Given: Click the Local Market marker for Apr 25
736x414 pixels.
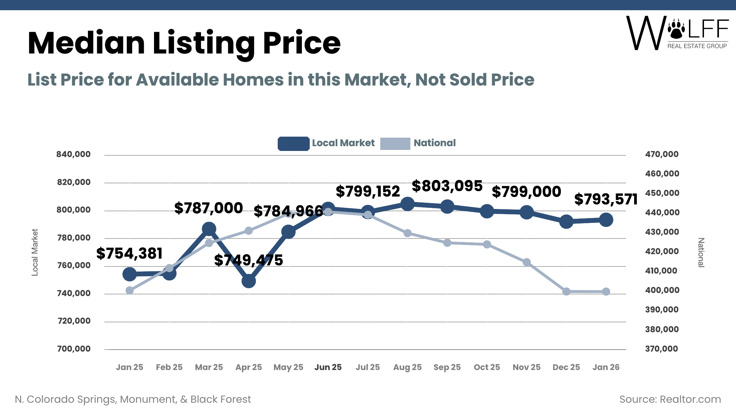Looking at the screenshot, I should tap(249, 281).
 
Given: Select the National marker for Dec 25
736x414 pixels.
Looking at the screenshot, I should tap(566, 291).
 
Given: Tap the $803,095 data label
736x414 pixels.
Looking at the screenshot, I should tap(447, 186).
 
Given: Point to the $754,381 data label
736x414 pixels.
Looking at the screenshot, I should tap(129, 254).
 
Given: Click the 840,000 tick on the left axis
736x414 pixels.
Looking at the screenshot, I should tap(74, 154).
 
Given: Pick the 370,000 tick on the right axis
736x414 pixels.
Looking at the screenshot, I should tap(662, 349).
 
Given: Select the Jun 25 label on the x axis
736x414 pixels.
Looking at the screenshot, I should tap(328, 367).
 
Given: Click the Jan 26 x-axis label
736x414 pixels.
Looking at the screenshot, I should tap(606, 367).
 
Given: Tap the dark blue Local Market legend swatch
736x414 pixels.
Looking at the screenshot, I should tap(293, 143).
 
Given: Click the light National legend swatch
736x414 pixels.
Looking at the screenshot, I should tap(395, 143).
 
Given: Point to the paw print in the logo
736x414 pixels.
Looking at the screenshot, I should tap(676, 29).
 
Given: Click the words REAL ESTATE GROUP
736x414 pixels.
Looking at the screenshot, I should tap(697, 46).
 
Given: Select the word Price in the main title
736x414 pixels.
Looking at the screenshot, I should tap(302, 43).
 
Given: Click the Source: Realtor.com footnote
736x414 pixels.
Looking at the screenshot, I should tap(670, 399).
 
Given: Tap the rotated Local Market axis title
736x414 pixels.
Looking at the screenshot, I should tap(35, 252).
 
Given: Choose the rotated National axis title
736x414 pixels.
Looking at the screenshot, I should tap(701, 252).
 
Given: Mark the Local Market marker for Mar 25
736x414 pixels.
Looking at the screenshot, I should tap(209, 229).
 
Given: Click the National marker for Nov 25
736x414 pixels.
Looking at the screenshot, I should tap(526, 262).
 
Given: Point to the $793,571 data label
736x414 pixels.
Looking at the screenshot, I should tap(605, 199).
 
